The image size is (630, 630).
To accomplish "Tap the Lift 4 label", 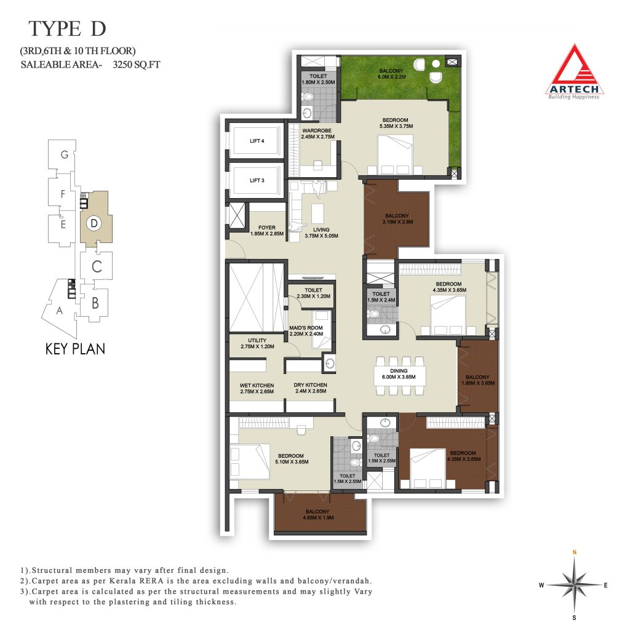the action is pyautogui.click(x=257, y=141).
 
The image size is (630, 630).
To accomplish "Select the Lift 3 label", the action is pyautogui.click(x=257, y=180).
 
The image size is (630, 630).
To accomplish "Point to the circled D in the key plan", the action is pyautogui.click(x=94, y=223).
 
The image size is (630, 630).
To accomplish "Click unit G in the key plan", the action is pyautogui.click(x=64, y=154).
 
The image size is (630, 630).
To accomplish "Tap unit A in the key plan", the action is pyautogui.click(x=60, y=310).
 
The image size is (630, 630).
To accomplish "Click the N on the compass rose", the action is pyautogui.click(x=575, y=552).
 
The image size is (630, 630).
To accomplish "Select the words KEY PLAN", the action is pyautogui.click(x=75, y=349).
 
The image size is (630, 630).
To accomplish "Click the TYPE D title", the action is pyautogui.click(x=67, y=28).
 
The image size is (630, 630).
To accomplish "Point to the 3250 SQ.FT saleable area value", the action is pyautogui.click(x=136, y=64).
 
